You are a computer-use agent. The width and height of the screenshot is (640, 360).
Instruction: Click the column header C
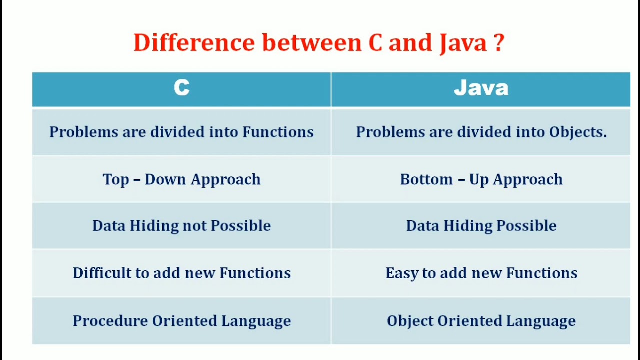point(181,88)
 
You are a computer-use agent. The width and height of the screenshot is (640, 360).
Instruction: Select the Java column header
point(481,88)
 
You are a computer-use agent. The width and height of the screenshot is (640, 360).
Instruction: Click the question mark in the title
point(498,43)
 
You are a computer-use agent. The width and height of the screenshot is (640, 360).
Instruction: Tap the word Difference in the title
point(194,43)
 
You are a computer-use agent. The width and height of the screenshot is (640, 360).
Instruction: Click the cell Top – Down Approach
point(181,179)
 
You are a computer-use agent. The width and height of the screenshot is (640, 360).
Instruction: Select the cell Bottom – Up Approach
point(481,179)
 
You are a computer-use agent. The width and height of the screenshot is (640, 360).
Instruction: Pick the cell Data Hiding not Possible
point(181,226)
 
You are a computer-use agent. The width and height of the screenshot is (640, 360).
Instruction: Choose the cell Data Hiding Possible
point(481,226)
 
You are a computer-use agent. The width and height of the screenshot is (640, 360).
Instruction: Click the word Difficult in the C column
point(102,273)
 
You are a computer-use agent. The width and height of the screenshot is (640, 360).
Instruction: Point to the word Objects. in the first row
point(578,132)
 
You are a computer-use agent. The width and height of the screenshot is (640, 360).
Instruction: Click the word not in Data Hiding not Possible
point(195,226)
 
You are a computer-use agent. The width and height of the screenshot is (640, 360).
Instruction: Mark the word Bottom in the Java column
point(426,179)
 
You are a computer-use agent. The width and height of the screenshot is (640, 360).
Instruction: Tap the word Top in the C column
point(115,180)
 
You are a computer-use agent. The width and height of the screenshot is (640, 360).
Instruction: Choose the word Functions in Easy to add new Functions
point(542,273)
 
